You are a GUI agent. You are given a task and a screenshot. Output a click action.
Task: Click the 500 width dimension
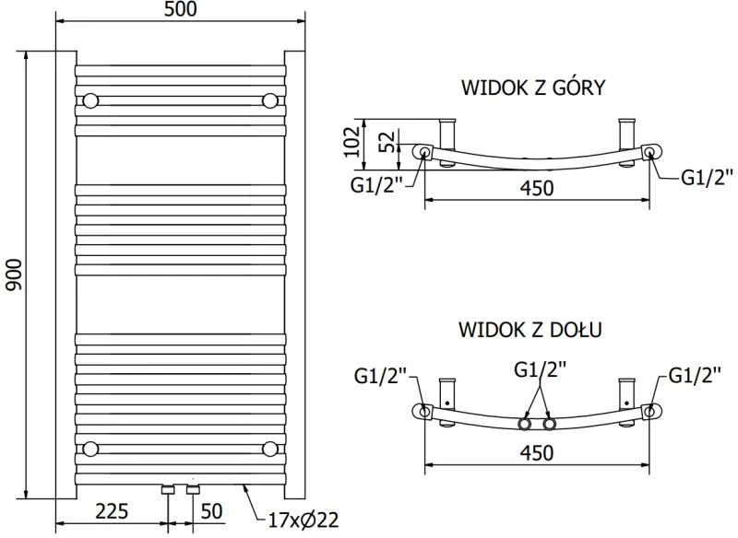pyautogui.click(x=181, y=9)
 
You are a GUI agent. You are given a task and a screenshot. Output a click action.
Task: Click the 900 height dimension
pyautogui.click(x=14, y=275)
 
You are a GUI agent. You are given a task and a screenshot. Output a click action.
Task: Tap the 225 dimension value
pyautogui.click(x=112, y=510)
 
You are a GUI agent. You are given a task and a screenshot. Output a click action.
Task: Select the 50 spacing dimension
pyautogui.click(x=212, y=510)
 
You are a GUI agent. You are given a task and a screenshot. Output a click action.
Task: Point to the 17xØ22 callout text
pyautogui.click(x=304, y=520)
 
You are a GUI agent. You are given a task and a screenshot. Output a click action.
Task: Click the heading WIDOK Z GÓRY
pyautogui.click(x=533, y=88)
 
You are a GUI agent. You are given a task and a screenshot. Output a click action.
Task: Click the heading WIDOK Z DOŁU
pyautogui.click(x=530, y=330)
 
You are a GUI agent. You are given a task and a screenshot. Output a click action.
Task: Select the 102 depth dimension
pyautogui.click(x=352, y=142)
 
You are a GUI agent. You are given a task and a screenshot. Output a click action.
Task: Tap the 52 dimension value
pyautogui.click(x=387, y=142)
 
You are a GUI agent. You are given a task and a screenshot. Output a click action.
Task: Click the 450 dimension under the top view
pyautogui.click(x=537, y=188)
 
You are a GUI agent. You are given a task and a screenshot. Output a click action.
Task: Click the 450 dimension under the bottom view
pyautogui.click(x=537, y=453)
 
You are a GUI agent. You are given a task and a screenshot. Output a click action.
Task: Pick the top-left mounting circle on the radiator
pyautogui.click(x=90, y=101)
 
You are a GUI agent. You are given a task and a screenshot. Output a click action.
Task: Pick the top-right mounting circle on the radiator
pyautogui.click(x=270, y=101)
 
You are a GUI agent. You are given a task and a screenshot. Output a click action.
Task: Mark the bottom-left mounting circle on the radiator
pyautogui.click(x=90, y=449)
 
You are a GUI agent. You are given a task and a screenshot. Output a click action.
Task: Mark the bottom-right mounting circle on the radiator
pyautogui.click(x=270, y=449)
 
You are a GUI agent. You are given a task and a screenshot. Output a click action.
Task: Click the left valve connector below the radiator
pyautogui.click(x=169, y=489)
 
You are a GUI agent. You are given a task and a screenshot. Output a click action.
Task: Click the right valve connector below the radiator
pyautogui.click(x=193, y=489)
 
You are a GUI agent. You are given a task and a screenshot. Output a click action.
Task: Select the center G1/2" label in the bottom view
pyautogui.click(x=540, y=369)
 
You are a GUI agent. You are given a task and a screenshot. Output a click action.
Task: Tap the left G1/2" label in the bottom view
pyautogui.click(x=381, y=377)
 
